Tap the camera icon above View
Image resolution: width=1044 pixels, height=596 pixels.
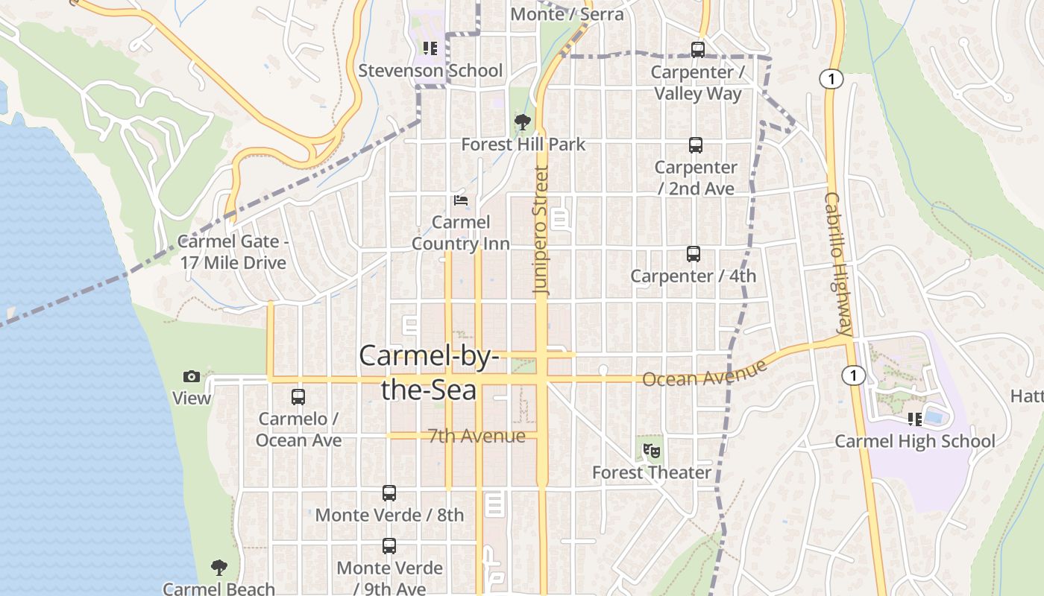pos(192,376)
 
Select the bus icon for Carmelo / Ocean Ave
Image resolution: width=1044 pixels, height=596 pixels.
pos(298,397)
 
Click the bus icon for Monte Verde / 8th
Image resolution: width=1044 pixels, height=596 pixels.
pos(389,492)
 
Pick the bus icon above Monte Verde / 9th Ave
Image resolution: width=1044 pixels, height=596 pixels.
pos(389,546)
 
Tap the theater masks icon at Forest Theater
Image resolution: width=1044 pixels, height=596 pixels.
pos(652,451)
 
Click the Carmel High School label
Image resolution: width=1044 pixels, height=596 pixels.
pos(914,441)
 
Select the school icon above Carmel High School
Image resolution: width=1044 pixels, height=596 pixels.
pos(915,419)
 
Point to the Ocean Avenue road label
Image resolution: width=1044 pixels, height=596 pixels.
pos(704,374)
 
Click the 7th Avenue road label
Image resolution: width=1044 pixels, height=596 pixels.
pos(477,436)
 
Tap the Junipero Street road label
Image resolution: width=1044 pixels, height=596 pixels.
pos(541,231)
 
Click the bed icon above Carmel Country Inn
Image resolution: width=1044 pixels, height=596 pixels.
pos(461,200)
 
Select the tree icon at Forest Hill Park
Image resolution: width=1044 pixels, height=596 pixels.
pos(523,122)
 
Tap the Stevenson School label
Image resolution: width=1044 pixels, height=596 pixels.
pos(430,71)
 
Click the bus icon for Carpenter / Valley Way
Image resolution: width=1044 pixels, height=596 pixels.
pos(698,50)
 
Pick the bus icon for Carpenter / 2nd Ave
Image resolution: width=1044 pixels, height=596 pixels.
pos(696,145)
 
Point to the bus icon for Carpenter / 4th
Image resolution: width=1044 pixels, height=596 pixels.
pos(694,254)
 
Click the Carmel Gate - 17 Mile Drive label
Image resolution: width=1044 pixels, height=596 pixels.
pos(233,252)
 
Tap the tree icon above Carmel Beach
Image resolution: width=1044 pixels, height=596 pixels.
pos(218,568)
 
